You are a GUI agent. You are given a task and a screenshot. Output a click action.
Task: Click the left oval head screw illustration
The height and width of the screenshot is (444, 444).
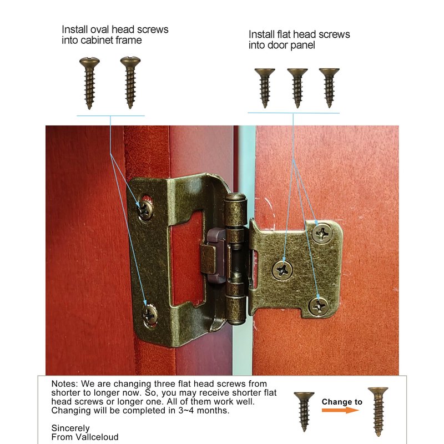tap(89, 83)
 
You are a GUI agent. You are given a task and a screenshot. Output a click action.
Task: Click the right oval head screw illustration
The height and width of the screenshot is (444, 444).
tap(130, 82)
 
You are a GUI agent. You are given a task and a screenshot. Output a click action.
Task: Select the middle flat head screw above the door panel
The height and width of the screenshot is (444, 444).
tap(297, 88)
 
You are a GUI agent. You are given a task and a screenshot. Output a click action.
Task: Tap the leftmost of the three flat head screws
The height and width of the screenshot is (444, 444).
tap(265, 88)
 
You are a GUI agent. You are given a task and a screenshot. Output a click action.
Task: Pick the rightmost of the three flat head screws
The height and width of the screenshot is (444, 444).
tap(329, 88)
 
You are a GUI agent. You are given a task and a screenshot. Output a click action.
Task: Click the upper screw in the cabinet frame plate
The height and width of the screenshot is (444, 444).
tap(145, 209)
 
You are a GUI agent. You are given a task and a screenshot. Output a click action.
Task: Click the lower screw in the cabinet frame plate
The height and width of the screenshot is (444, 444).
tap(150, 314)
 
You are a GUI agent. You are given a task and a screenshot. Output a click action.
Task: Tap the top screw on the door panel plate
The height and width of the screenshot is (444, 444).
tap(322, 233)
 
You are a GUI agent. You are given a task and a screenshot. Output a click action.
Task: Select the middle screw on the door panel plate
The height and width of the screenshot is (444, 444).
tap(282, 270)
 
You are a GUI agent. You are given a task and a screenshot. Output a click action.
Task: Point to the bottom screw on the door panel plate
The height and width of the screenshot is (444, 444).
tap(318, 306)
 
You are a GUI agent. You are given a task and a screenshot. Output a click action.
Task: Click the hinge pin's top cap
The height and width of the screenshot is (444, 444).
tap(235, 197)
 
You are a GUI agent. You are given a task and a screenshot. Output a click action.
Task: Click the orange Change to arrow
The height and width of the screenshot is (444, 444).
tap(340, 410)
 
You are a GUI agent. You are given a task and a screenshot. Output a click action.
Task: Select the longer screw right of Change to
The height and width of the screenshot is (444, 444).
tap(378, 411)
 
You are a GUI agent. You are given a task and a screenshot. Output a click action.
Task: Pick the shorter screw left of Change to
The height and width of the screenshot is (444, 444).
tap(304, 412)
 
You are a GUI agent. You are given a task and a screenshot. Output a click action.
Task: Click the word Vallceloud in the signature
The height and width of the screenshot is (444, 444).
tap(97, 437)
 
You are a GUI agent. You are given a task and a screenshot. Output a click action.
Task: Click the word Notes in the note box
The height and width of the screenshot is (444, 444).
tap(64, 384)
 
